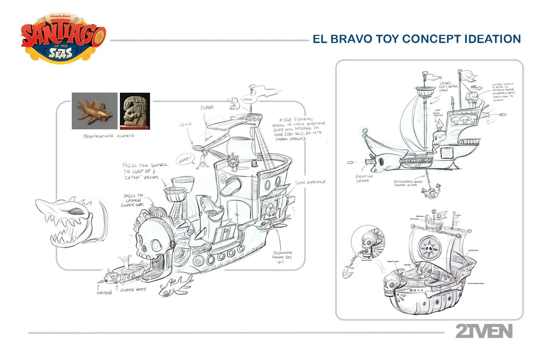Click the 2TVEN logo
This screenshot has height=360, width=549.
click(484, 331)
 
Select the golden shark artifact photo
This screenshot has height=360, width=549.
click(94, 111)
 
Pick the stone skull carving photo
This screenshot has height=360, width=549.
click(135, 111)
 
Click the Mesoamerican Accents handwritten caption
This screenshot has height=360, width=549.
click(108, 136)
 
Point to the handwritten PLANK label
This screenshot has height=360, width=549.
click(207, 107)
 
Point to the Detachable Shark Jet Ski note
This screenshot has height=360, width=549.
click(282, 257)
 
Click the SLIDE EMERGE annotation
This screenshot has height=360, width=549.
click(310, 182)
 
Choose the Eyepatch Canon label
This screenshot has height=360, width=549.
click(364, 178)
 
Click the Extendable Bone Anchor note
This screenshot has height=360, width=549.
click(408, 183)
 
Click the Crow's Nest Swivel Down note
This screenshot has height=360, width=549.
click(448, 86)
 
